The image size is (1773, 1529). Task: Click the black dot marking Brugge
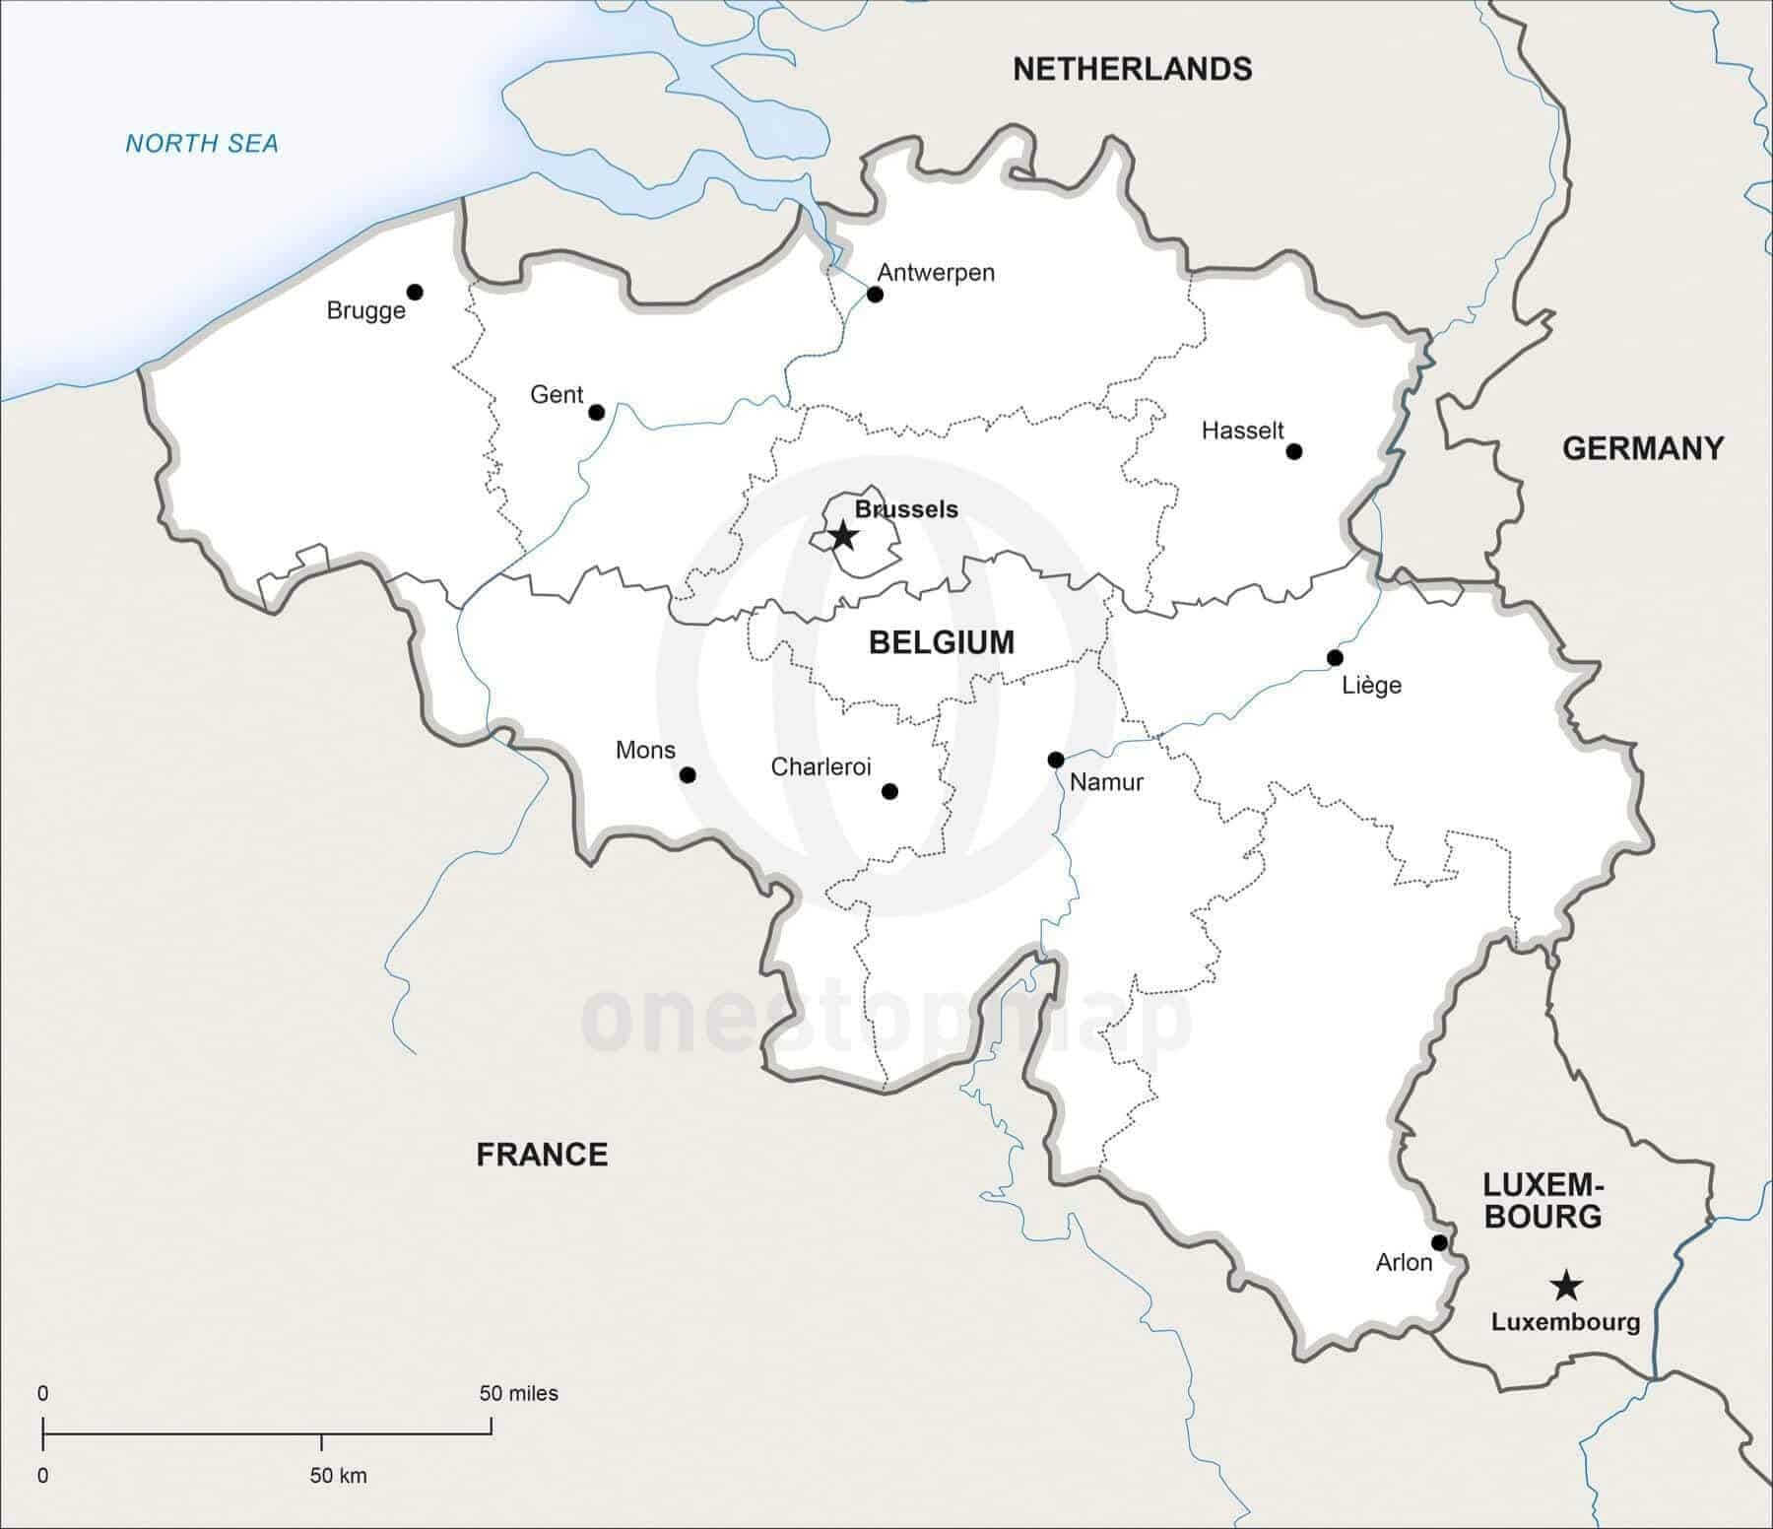tap(415, 292)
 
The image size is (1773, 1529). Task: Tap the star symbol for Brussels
tap(843, 537)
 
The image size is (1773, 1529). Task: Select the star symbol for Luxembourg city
tap(1565, 1286)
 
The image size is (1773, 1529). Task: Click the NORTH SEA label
tap(202, 144)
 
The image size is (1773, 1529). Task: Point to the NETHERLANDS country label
tap(1133, 69)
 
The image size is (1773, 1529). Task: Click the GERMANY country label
tap(1643, 449)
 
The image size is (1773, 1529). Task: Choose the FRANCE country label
tap(542, 1155)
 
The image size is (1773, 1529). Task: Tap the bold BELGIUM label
tap(941, 643)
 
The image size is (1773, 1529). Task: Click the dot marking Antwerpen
tap(875, 295)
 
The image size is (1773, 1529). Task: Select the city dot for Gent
tap(596, 413)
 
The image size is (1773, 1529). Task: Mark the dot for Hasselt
tap(1294, 451)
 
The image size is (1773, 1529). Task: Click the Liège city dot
tap(1335, 657)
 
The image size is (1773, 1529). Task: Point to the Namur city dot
tap(1055, 760)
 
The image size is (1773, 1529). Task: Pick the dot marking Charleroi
tap(889, 791)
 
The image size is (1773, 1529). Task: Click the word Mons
tap(645, 751)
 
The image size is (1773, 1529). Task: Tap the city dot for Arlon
tap(1439, 1242)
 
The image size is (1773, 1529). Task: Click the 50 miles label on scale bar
tap(518, 1394)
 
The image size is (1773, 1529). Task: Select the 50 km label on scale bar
tap(338, 1476)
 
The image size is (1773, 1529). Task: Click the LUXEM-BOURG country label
tap(1543, 1201)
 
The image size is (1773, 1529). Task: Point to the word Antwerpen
tap(936, 273)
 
